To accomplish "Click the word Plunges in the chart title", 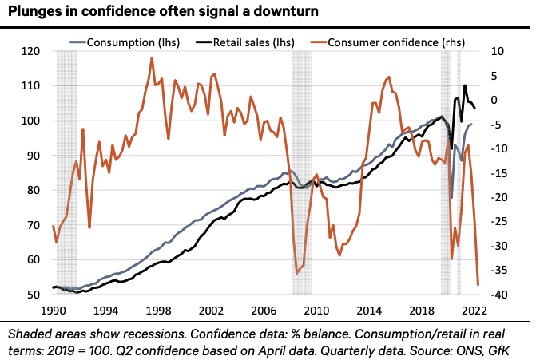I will click(36, 11).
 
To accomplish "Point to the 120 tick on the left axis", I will click(31, 51).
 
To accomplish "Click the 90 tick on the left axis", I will click(34, 156).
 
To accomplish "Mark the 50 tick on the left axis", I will click(34, 295).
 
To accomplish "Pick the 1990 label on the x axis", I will click(53, 310).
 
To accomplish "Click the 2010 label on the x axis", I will click(316, 310).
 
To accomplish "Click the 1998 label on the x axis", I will click(158, 310).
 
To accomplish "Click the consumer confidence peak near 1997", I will click(152, 58).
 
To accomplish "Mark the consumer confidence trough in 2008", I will click(297, 273).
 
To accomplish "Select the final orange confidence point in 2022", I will click(478, 284).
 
